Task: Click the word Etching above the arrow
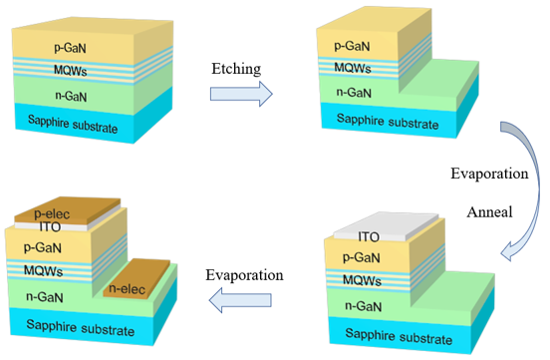(x=236, y=69)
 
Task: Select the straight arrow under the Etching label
(x=241, y=94)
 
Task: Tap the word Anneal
(x=489, y=211)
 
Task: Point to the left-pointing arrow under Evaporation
(x=240, y=300)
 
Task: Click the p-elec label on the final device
(x=52, y=214)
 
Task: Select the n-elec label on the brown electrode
(x=127, y=289)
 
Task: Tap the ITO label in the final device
(x=50, y=227)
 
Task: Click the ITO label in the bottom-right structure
(x=369, y=237)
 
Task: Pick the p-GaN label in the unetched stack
(x=70, y=48)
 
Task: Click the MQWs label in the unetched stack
(x=70, y=70)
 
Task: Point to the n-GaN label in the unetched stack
(x=71, y=96)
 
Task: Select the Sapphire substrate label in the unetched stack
(x=73, y=124)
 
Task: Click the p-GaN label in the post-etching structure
(x=352, y=46)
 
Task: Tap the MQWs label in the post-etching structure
(x=353, y=67)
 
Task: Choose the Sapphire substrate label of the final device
(x=81, y=328)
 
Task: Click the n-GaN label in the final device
(x=45, y=297)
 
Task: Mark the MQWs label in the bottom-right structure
(x=362, y=280)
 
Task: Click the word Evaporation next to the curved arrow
(x=489, y=174)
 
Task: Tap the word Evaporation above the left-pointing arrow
(x=244, y=275)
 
